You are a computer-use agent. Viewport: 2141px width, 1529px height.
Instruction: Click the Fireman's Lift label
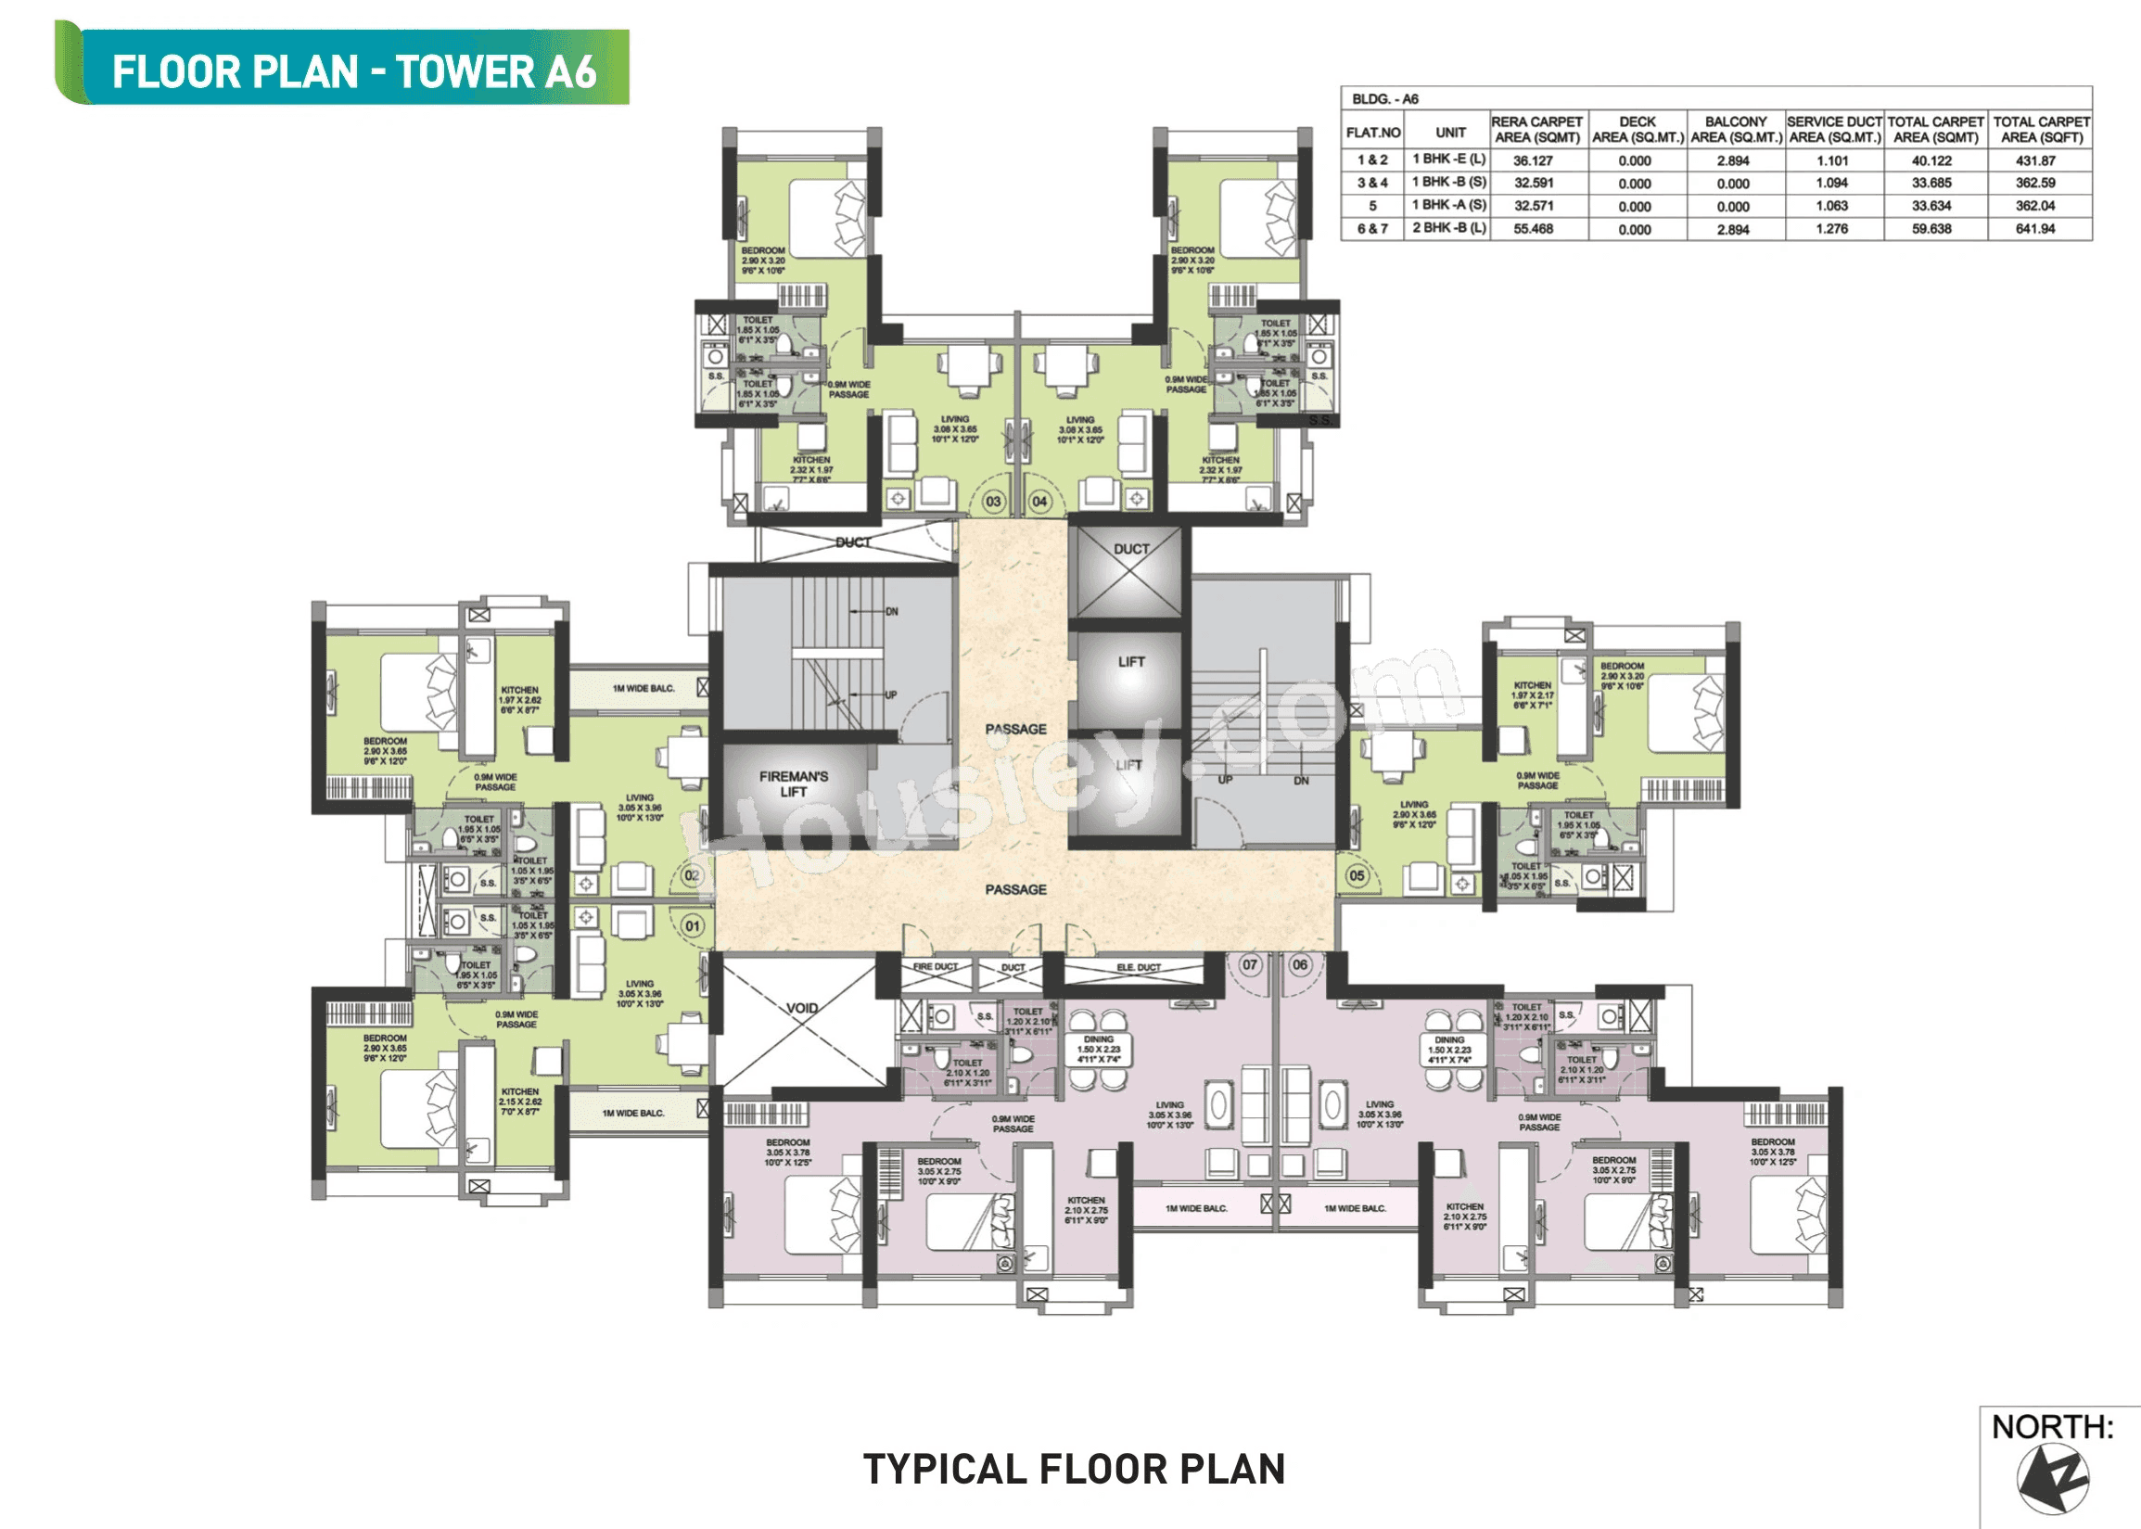793,784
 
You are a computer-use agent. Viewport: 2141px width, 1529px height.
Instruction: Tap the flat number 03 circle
993,502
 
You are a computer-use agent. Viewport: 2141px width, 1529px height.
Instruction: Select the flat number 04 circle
1039,502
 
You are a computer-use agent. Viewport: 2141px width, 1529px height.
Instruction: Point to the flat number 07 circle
1249,965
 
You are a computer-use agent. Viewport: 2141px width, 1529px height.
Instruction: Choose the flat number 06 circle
1300,965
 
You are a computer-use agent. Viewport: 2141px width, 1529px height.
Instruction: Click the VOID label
802,1008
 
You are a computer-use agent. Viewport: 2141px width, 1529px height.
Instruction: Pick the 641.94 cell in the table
2034,229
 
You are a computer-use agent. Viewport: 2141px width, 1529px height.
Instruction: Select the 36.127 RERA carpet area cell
1533,161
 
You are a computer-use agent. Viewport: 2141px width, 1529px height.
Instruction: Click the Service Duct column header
1834,129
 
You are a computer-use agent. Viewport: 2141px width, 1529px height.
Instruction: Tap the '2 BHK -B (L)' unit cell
1449,228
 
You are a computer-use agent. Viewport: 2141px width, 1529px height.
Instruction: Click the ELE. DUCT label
1139,968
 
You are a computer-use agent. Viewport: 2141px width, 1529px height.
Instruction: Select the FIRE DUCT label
935,967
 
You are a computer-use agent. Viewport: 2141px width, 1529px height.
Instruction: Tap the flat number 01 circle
693,926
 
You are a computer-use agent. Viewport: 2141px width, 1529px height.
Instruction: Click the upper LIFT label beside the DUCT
1130,662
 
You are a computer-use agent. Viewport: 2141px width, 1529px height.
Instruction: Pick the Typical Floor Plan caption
1074,1470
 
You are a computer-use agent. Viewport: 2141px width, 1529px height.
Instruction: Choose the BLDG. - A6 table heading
1385,99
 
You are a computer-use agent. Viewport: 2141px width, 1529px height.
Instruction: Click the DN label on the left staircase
892,612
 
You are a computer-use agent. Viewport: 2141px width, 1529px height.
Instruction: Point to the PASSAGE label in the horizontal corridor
1015,890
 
